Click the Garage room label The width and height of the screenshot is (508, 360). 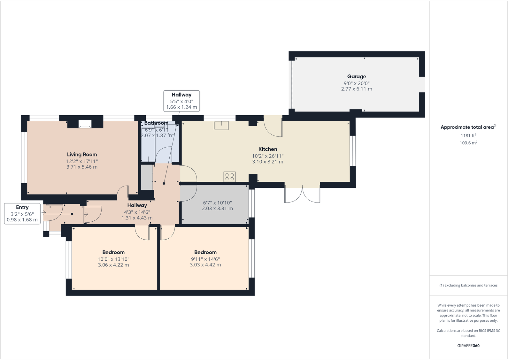[x=357, y=77]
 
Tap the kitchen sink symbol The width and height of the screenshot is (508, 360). [x=221, y=125]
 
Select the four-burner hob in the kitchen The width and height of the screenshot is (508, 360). [x=229, y=177]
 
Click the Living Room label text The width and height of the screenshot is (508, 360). [x=82, y=155]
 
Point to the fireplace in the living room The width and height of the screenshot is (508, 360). [x=85, y=124]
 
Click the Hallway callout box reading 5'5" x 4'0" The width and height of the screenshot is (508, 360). [x=181, y=101]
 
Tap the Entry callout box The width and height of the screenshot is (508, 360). [x=22, y=213]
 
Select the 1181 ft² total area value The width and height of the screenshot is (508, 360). [x=468, y=136]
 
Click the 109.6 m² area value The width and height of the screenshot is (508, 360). [x=468, y=143]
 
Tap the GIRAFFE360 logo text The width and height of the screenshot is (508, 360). [x=468, y=346]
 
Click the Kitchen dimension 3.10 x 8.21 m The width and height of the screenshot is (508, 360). [x=267, y=162]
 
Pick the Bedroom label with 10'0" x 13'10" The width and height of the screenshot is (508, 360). [x=113, y=252]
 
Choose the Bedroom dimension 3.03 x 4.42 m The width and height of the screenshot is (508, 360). [x=205, y=265]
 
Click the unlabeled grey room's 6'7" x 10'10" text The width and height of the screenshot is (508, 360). [x=217, y=203]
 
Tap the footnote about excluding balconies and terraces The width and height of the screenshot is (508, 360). [x=468, y=285]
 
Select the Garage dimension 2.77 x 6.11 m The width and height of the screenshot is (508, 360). [x=357, y=89]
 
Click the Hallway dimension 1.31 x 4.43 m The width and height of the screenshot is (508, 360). [x=137, y=218]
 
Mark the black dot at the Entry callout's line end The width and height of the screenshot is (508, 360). [x=72, y=214]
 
